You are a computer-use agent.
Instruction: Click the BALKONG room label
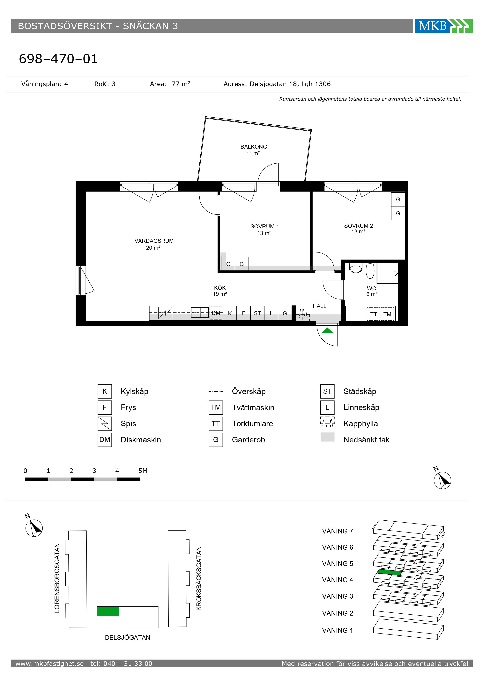tap(254, 147)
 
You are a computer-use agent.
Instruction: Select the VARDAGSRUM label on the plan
tap(154, 241)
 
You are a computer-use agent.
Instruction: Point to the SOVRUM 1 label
tap(264, 226)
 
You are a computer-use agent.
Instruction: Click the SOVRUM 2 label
tap(358, 226)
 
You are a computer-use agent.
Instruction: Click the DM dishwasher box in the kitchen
tap(216, 313)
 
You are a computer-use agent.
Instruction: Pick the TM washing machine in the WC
tap(387, 314)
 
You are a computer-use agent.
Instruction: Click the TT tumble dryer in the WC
tap(374, 314)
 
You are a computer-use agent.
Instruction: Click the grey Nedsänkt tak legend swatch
tap(327, 437)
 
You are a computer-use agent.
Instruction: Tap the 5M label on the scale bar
tap(143, 471)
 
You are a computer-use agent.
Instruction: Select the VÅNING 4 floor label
tap(338, 580)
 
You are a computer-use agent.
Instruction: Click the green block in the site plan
tap(108, 611)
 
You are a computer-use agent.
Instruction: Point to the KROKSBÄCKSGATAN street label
tap(199, 579)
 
